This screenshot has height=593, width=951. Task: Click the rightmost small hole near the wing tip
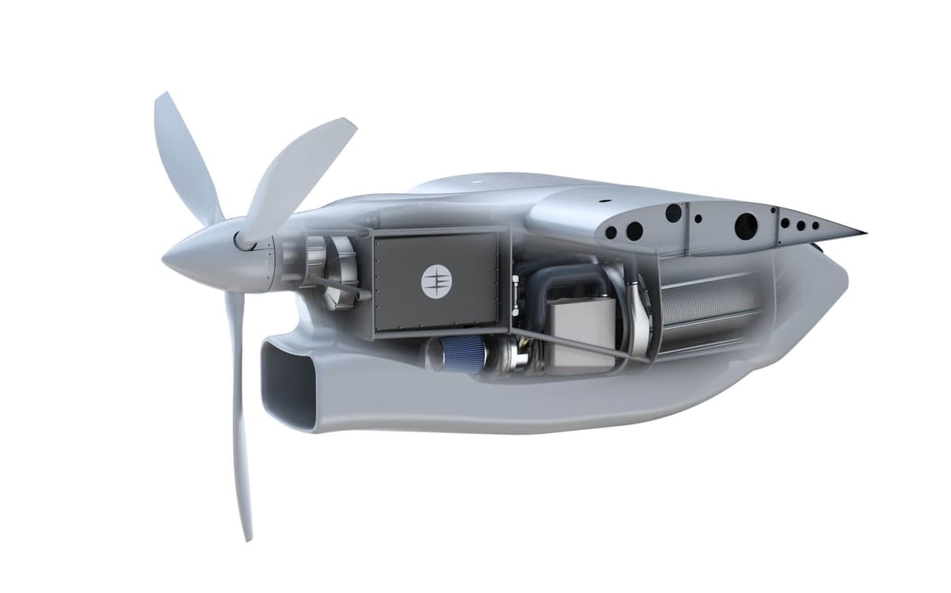[x=815, y=225]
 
